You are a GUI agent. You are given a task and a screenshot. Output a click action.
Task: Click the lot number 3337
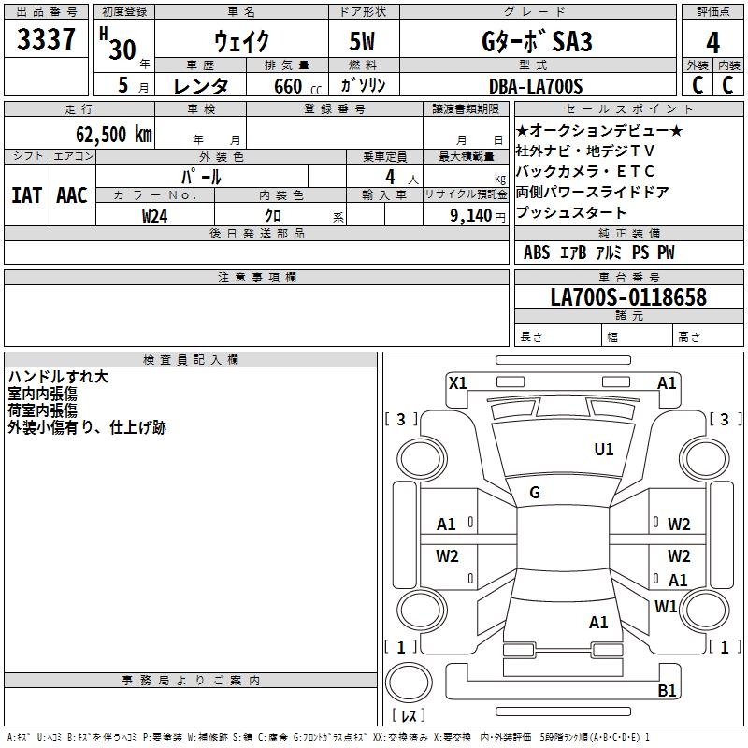pos(47,41)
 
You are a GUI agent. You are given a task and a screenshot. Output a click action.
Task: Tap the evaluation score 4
pos(713,43)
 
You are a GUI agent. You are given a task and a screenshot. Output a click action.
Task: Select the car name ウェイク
pos(241,42)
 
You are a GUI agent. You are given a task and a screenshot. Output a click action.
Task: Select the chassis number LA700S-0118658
pos(628,297)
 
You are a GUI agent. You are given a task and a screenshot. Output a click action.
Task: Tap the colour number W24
pos(155,215)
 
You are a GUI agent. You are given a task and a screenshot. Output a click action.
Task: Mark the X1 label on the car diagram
pos(458,382)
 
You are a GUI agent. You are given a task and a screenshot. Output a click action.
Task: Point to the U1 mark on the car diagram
pos(604,450)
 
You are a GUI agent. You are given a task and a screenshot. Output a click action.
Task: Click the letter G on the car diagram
pos(535,493)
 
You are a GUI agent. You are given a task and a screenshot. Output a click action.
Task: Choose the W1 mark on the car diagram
pos(666,606)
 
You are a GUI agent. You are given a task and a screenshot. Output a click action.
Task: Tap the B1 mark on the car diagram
pos(667,691)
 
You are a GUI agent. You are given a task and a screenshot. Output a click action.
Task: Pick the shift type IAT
pos(26,194)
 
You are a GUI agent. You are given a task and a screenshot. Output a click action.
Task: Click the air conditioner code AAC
pos(72,194)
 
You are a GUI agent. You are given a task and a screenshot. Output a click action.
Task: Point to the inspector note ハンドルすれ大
pos(58,377)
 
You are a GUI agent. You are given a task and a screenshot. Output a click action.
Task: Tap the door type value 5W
pos(364,42)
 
